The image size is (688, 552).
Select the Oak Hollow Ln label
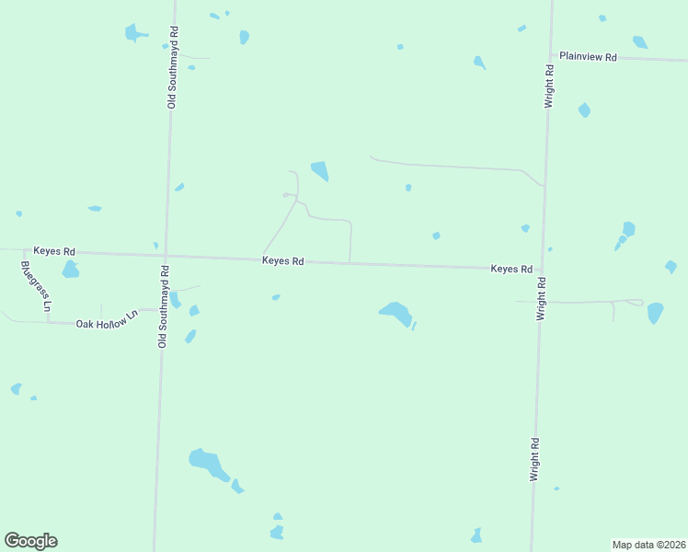[106, 319]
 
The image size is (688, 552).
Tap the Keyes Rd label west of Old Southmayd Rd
[54, 250]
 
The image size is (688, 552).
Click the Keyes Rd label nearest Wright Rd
[511, 269]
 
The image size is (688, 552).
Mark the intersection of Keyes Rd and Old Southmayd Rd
[166, 255]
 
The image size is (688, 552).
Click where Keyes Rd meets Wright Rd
[542, 270]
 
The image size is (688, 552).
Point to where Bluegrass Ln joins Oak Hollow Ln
[48, 322]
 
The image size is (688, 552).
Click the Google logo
[30, 541]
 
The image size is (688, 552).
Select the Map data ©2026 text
[648, 545]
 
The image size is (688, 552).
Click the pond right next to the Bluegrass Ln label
[70, 270]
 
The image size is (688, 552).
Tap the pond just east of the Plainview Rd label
[640, 41]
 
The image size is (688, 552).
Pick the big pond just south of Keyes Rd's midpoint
[396, 313]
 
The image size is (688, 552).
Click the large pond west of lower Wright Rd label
[208, 462]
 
